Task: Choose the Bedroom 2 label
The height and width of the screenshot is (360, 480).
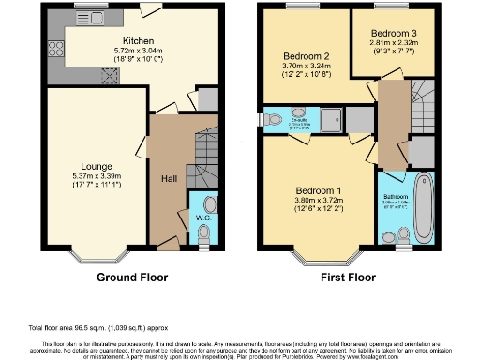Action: point(299,56)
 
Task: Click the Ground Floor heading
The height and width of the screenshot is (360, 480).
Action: point(132,277)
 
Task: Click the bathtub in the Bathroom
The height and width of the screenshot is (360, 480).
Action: point(422,208)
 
